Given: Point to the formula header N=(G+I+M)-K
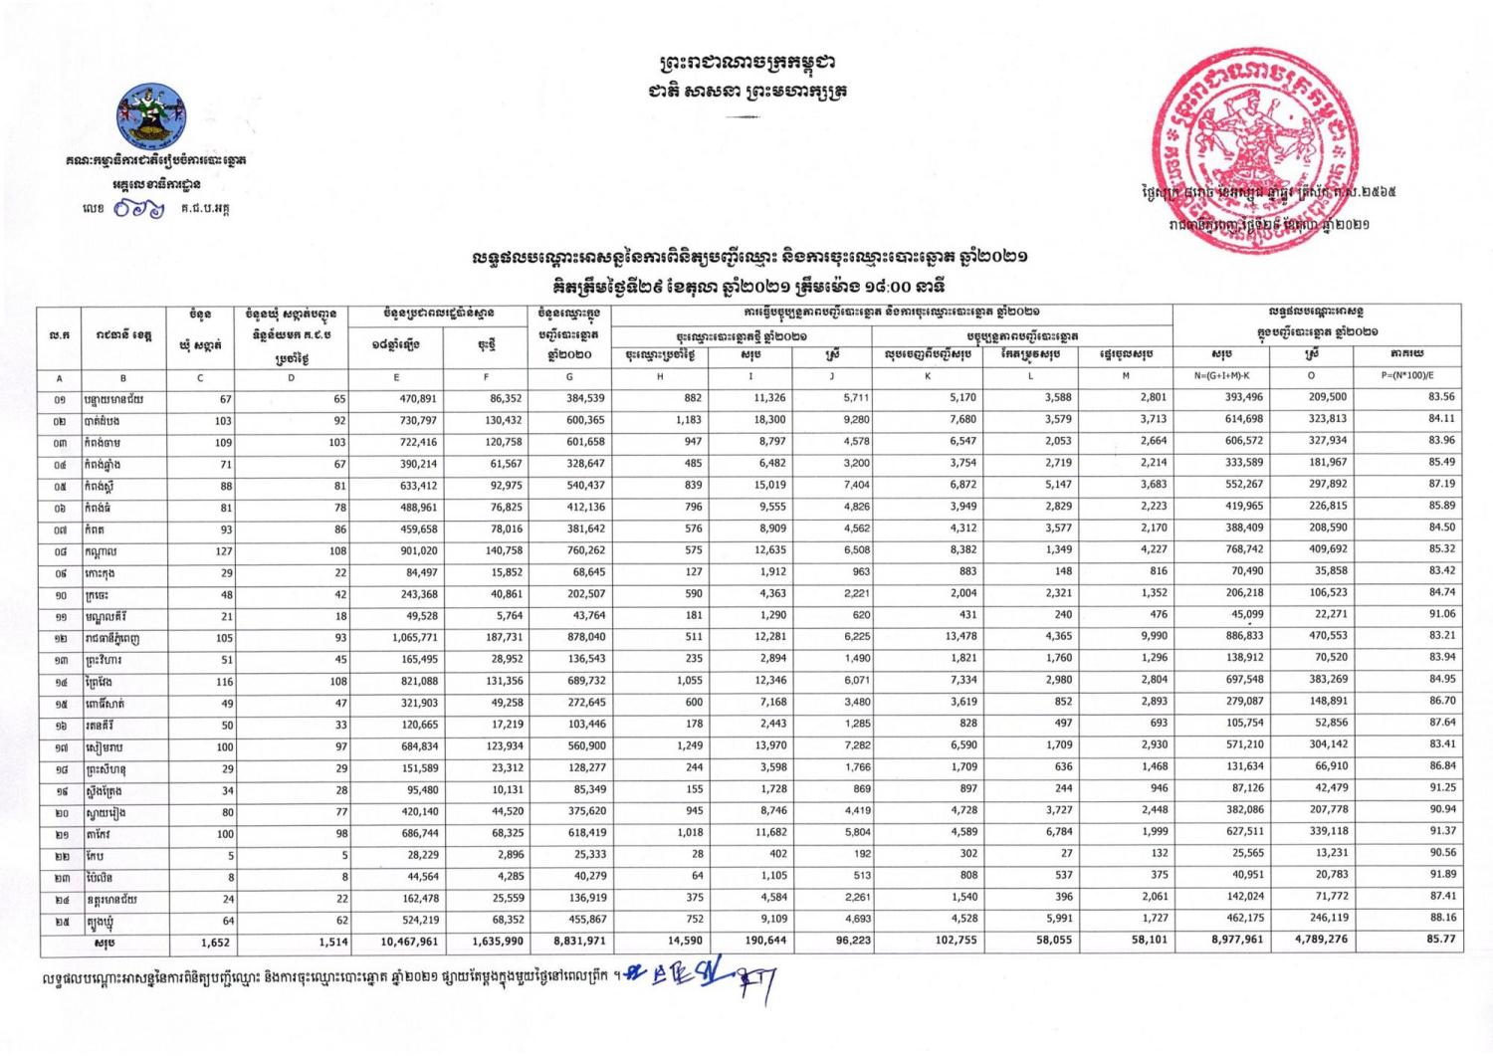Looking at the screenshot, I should (1223, 376).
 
